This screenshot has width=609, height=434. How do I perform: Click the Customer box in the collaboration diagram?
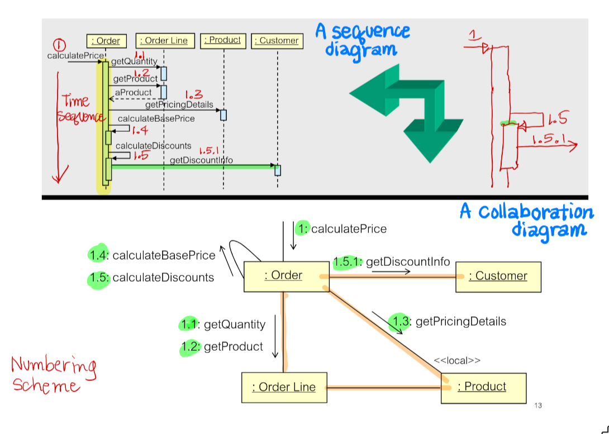[x=498, y=276]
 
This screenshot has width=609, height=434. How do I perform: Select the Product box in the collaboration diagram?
[x=483, y=387]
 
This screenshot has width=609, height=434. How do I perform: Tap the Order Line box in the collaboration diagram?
[x=284, y=388]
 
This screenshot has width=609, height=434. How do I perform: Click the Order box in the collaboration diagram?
[x=286, y=275]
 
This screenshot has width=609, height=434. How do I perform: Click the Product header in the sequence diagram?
[x=223, y=40]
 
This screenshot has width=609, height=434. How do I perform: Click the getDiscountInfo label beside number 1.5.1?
[x=408, y=261]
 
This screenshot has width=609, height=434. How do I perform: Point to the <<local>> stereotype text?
[x=456, y=361]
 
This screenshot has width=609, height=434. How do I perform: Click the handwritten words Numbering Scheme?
[x=53, y=376]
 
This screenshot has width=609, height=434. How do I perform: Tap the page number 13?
[x=538, y=406]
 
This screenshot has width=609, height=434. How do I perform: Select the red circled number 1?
[x=59, y=45]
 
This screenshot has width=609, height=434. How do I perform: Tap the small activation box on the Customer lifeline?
[x=277, y=170]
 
